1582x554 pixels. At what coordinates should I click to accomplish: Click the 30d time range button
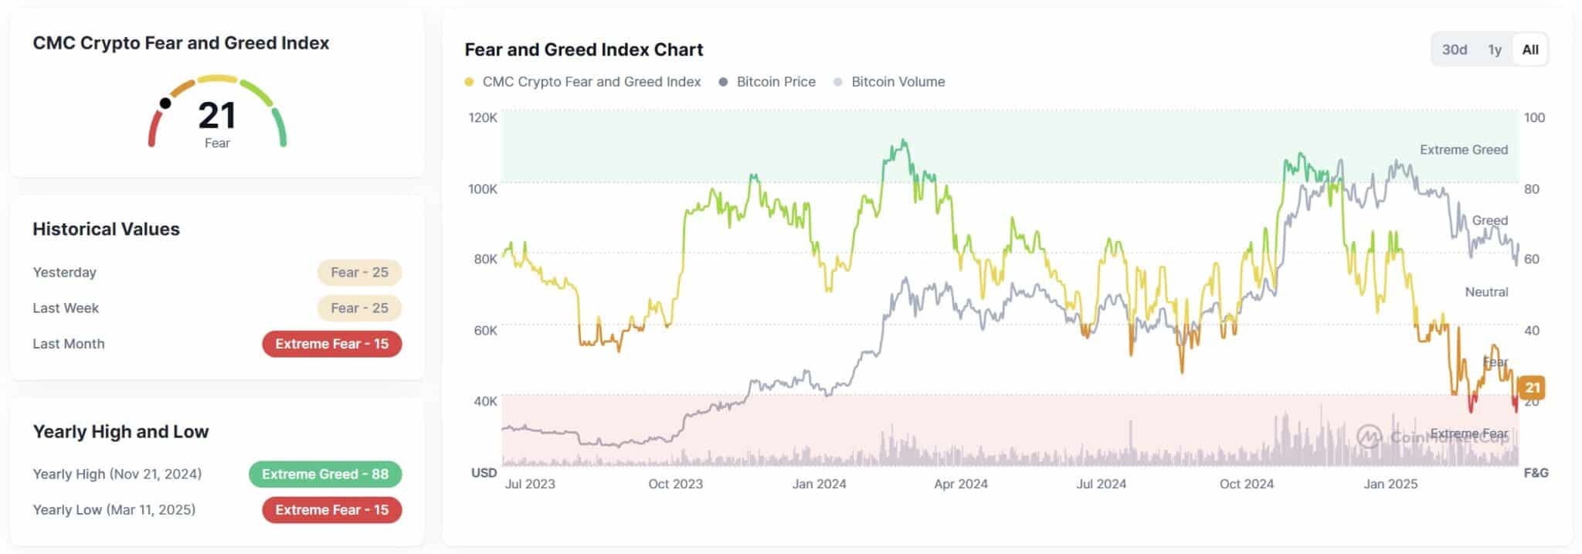point(1454,49)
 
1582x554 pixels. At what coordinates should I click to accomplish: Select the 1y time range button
point(1495,49)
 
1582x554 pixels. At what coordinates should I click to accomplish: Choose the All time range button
point(1529,49)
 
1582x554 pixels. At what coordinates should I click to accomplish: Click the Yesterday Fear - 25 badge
point(359,272)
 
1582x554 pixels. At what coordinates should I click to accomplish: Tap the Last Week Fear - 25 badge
point(359,308)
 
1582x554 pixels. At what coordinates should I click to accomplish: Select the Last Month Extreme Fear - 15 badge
point(331,344)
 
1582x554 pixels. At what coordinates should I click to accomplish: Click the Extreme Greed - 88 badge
point(324,474)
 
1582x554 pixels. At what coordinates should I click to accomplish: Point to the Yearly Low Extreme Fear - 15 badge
point(331,510)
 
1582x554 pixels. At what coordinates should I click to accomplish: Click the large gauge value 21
point(216,116)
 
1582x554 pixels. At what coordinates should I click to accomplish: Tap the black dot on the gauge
point(165,104)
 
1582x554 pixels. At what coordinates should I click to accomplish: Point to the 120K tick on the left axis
point(483,117)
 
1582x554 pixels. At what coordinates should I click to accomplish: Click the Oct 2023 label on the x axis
point(675,484)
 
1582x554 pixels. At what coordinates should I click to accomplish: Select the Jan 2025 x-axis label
point(1390,484)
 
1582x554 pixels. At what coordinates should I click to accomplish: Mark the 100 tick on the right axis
point(1534,117)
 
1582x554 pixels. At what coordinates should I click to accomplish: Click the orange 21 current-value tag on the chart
point(1532,387)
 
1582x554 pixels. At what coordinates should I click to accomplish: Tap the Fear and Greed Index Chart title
point(583,49)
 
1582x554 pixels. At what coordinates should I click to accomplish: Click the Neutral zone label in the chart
point(1486,292)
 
